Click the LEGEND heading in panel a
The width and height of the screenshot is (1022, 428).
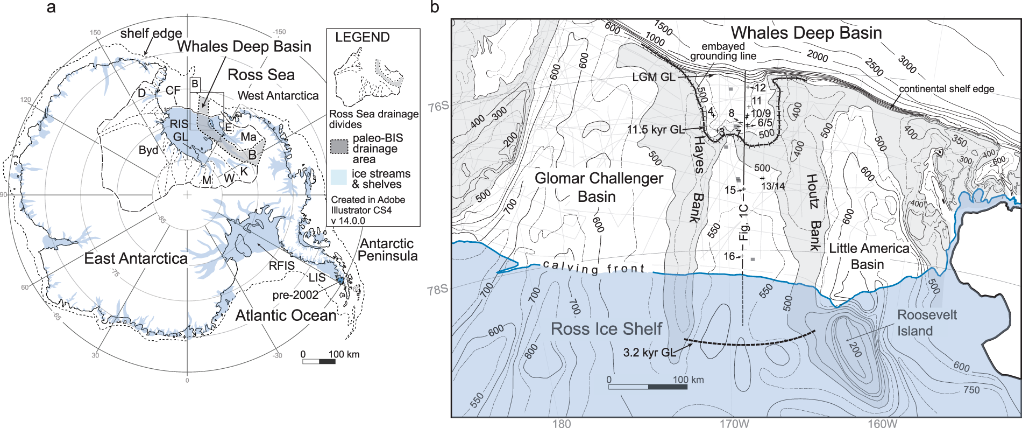coord(362,37)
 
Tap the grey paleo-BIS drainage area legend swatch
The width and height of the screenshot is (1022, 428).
coord(339,146)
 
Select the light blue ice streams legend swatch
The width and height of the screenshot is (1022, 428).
coord(339,177)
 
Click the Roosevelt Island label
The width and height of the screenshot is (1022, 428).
coord(926,322)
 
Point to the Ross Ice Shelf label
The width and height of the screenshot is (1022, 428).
coord(606,328)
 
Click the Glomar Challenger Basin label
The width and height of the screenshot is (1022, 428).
coord(598,187)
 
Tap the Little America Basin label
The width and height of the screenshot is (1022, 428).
coord(868,256)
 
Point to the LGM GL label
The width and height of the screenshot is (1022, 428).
coord(654,77)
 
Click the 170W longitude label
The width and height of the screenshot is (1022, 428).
coord(734,423)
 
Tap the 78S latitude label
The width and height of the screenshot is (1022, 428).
coord(437,290)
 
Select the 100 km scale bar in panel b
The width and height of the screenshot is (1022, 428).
coord(648,387)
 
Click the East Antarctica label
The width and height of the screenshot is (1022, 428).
coord(136,258)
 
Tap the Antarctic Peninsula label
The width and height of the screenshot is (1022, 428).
coord(387,250)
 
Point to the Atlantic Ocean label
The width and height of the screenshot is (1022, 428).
coord(286,315)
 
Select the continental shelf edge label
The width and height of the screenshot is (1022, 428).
coord(946,89)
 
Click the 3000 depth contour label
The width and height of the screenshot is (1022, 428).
coord(907,64)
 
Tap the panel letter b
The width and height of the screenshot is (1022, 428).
coord(435,8)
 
